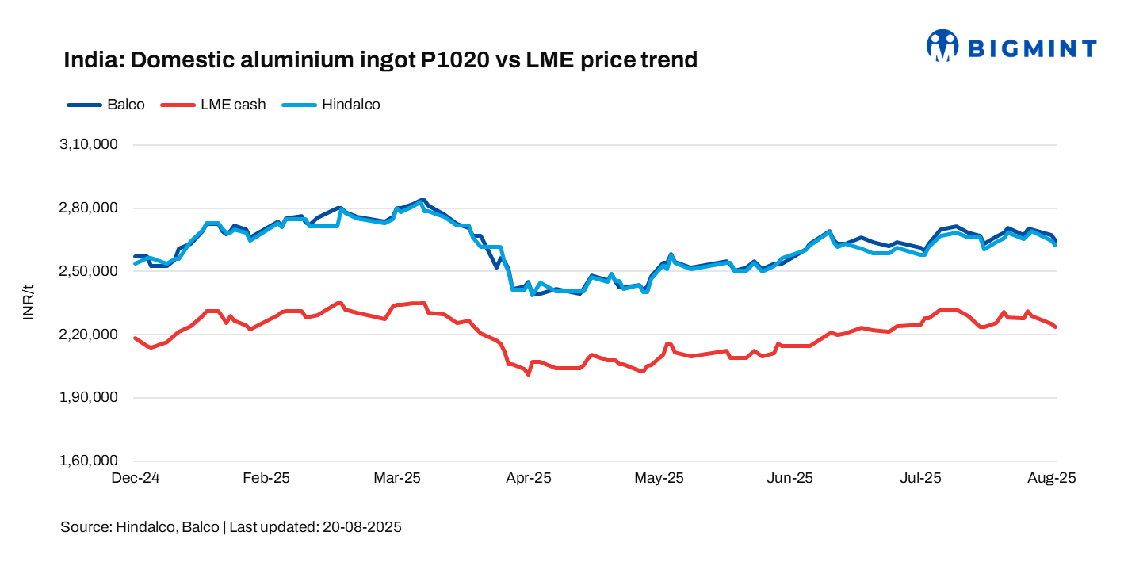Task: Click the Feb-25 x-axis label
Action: point(266,478)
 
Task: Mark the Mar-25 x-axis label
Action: point(397,478)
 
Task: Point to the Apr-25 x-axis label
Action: point(529,478)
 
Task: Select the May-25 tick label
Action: point(659,478)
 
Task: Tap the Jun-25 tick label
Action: point(791,478)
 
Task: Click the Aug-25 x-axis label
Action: point(1053,478)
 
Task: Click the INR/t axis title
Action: point(29,303)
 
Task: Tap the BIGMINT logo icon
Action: point(942,46)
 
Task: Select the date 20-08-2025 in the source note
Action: point(361,527)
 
